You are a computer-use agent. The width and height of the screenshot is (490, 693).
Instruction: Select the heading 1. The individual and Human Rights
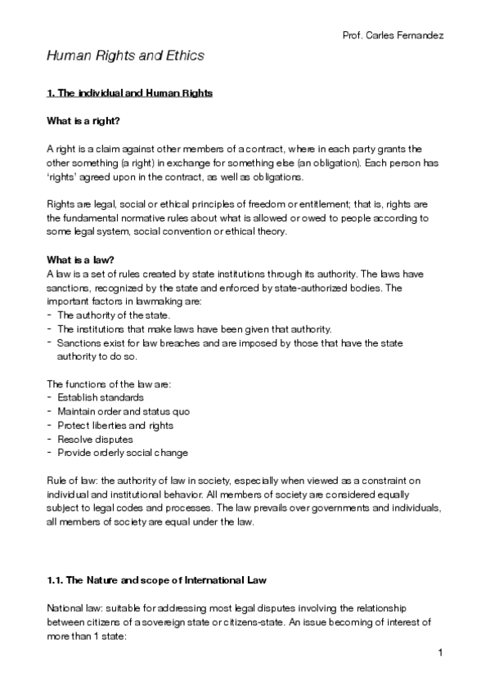[x=130, y=94]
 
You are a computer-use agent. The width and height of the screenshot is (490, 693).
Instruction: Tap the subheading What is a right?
[x=83, y=122]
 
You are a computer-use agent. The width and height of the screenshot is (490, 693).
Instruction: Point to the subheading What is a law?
[x=80, y=260]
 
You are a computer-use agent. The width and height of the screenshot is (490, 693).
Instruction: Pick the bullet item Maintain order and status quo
[x=124, y=411]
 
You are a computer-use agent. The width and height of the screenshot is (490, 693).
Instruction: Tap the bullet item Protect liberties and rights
[x=115, y=425]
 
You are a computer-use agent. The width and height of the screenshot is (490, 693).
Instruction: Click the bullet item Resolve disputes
[x=96, y=439]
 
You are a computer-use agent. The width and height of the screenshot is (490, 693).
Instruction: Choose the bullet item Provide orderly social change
[x=123, y=453]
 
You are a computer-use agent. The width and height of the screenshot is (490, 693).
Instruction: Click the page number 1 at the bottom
[x=440, y=652]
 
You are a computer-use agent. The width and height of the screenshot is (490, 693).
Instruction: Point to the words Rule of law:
[x=70, y=481]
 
